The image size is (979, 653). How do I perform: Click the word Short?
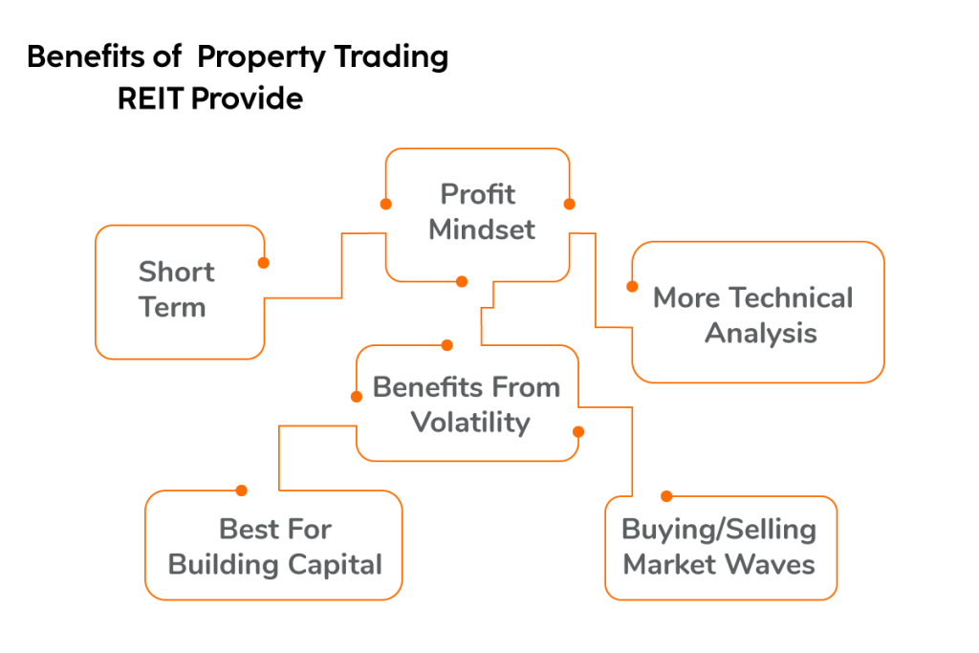[x=176, y=272]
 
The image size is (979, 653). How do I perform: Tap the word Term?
[x=172, y=308]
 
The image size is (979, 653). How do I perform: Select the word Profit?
[x=477, y=194]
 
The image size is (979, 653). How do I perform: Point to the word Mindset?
[x=481, y=230]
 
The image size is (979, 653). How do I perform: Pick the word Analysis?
[x=761, y=334]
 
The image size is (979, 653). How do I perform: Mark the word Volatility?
[x=469, y=423]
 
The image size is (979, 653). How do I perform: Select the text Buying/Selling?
[x=719, y=530]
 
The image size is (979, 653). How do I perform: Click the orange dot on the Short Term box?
[x=263, y=262]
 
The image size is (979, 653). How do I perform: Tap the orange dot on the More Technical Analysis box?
[x=632, y=286]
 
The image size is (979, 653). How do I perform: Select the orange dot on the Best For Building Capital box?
[x=241, y=490]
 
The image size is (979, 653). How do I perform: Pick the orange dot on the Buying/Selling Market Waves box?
[x=666, y=496]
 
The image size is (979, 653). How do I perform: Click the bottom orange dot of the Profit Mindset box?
[x=462, y=281]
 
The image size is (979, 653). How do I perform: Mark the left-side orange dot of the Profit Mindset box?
[x=385, y=204]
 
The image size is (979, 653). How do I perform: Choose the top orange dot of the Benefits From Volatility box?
[x=446, y=345]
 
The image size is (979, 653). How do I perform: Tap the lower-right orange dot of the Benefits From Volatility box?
[x=577, y=431]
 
